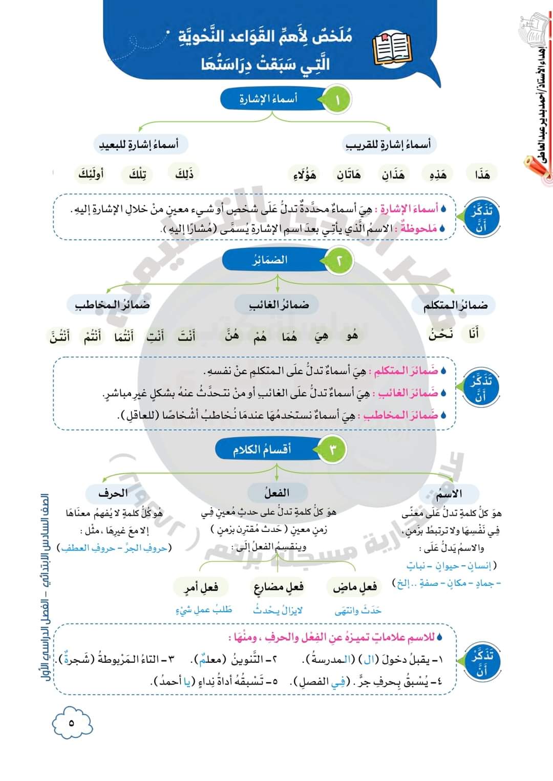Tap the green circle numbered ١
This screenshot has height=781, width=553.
pos(337,100)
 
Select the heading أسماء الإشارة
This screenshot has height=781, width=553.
pos(268,99)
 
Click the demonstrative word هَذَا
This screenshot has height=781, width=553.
pos(482,175)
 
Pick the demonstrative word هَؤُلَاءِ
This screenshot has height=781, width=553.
pos(305,175)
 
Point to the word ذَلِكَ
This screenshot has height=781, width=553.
pos(184,174)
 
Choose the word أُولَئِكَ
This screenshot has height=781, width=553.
pos(91,174)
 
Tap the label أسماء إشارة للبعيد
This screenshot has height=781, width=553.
pos(139,145)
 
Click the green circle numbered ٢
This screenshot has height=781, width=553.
pos(338,261)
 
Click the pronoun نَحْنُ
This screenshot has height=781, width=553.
pos(441,334)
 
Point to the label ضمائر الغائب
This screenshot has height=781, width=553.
pos(279,305)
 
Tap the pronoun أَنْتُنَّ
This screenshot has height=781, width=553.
pos(60,337)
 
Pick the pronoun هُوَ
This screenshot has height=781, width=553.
pos(352,336)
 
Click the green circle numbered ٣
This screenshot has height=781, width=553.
pos(333,450)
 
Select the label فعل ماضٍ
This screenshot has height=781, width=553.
pos(355,587)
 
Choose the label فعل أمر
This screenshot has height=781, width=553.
pos(201,587)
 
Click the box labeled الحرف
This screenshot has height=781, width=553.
pos(113,494)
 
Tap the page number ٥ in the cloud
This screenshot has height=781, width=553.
pos(71,723)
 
